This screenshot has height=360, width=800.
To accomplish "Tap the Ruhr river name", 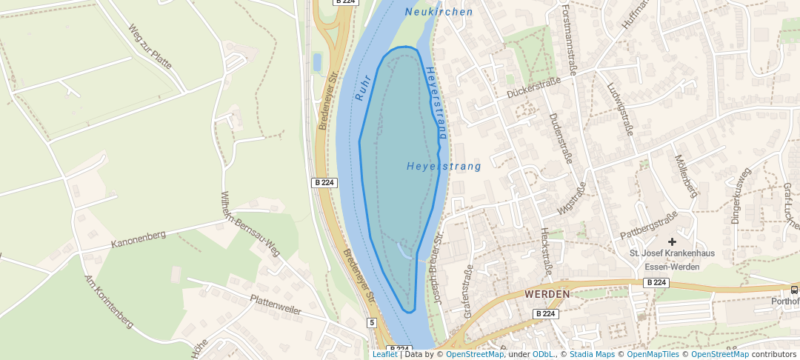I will tap(361, 87).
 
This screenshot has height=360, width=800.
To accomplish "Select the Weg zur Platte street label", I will tap(150, 47).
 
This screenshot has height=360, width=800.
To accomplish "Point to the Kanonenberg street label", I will tap(139, 238).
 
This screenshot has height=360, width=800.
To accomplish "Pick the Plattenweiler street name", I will tap(276, 304).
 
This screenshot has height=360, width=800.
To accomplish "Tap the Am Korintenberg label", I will tap(109, 301).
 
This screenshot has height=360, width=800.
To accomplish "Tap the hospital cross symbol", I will tap(672, 241).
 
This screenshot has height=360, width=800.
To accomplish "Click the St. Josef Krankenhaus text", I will tap(672, 253).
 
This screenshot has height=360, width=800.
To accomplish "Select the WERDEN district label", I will tap(547, 294).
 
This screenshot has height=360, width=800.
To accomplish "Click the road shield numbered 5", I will tap(371, 322).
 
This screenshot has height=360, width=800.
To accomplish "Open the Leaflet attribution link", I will tap(384, 354).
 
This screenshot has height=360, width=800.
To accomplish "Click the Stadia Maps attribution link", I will tap(592, 354).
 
